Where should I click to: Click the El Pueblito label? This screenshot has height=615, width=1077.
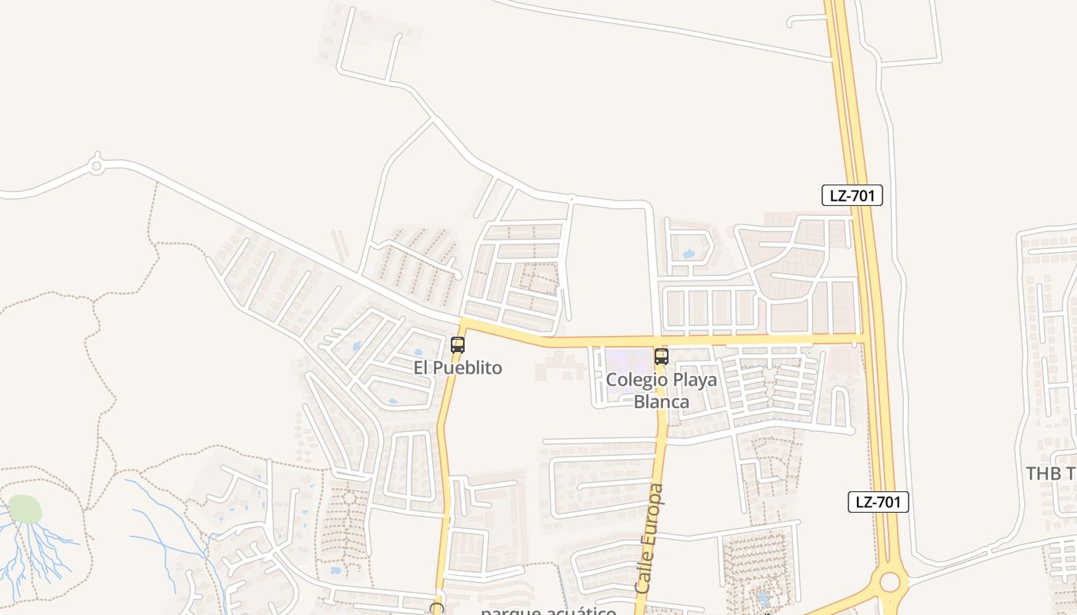pos(458,368)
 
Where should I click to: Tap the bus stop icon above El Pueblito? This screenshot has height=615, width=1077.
pos(458,345)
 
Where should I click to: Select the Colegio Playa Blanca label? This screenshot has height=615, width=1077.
pos(661,391)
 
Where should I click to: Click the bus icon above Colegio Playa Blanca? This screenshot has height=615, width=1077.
pos(661,357)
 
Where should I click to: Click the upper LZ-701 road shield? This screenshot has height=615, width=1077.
pos(852,195)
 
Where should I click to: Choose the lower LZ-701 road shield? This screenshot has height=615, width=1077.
pos(879,502)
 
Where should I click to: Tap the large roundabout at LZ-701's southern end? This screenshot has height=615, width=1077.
pos(889,581)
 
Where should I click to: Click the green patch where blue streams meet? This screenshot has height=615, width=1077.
pos(25,509)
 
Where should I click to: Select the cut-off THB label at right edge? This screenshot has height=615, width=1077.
pos(1051,473)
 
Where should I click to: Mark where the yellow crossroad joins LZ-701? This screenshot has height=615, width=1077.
pos(862,338)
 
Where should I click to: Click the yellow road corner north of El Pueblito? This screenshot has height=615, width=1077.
pos(463,322)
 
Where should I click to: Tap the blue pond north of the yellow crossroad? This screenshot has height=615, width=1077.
pos(688,253)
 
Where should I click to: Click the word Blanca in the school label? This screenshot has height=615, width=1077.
pos(661,401)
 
